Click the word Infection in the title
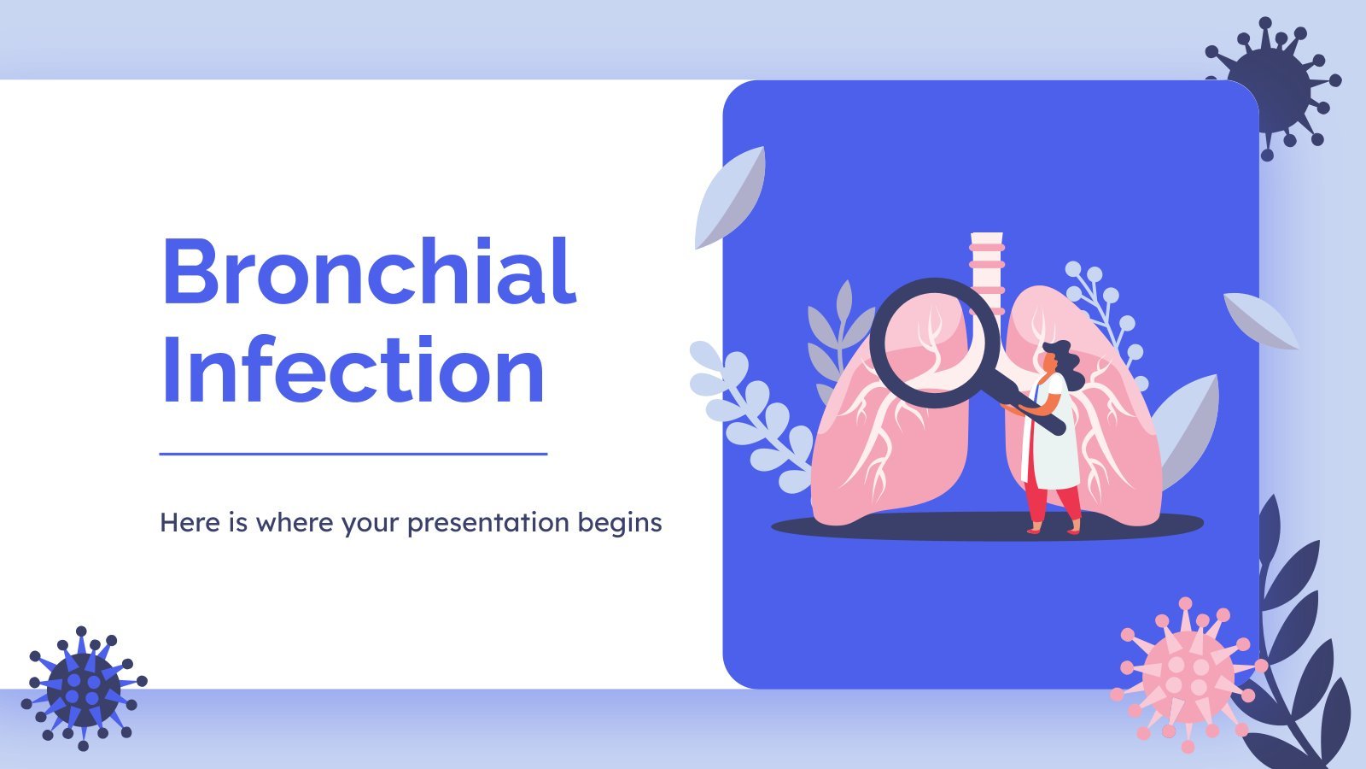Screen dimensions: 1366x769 pos(353,368)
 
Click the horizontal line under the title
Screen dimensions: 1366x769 pos(353,454)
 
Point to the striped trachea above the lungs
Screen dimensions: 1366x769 pos(987,272)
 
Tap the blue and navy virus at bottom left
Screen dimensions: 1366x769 pos(84,689)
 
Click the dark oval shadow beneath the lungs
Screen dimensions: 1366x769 pos(987,525)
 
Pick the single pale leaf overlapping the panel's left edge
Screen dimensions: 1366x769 pos(729,197)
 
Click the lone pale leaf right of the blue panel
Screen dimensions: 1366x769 pos(1261,321)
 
